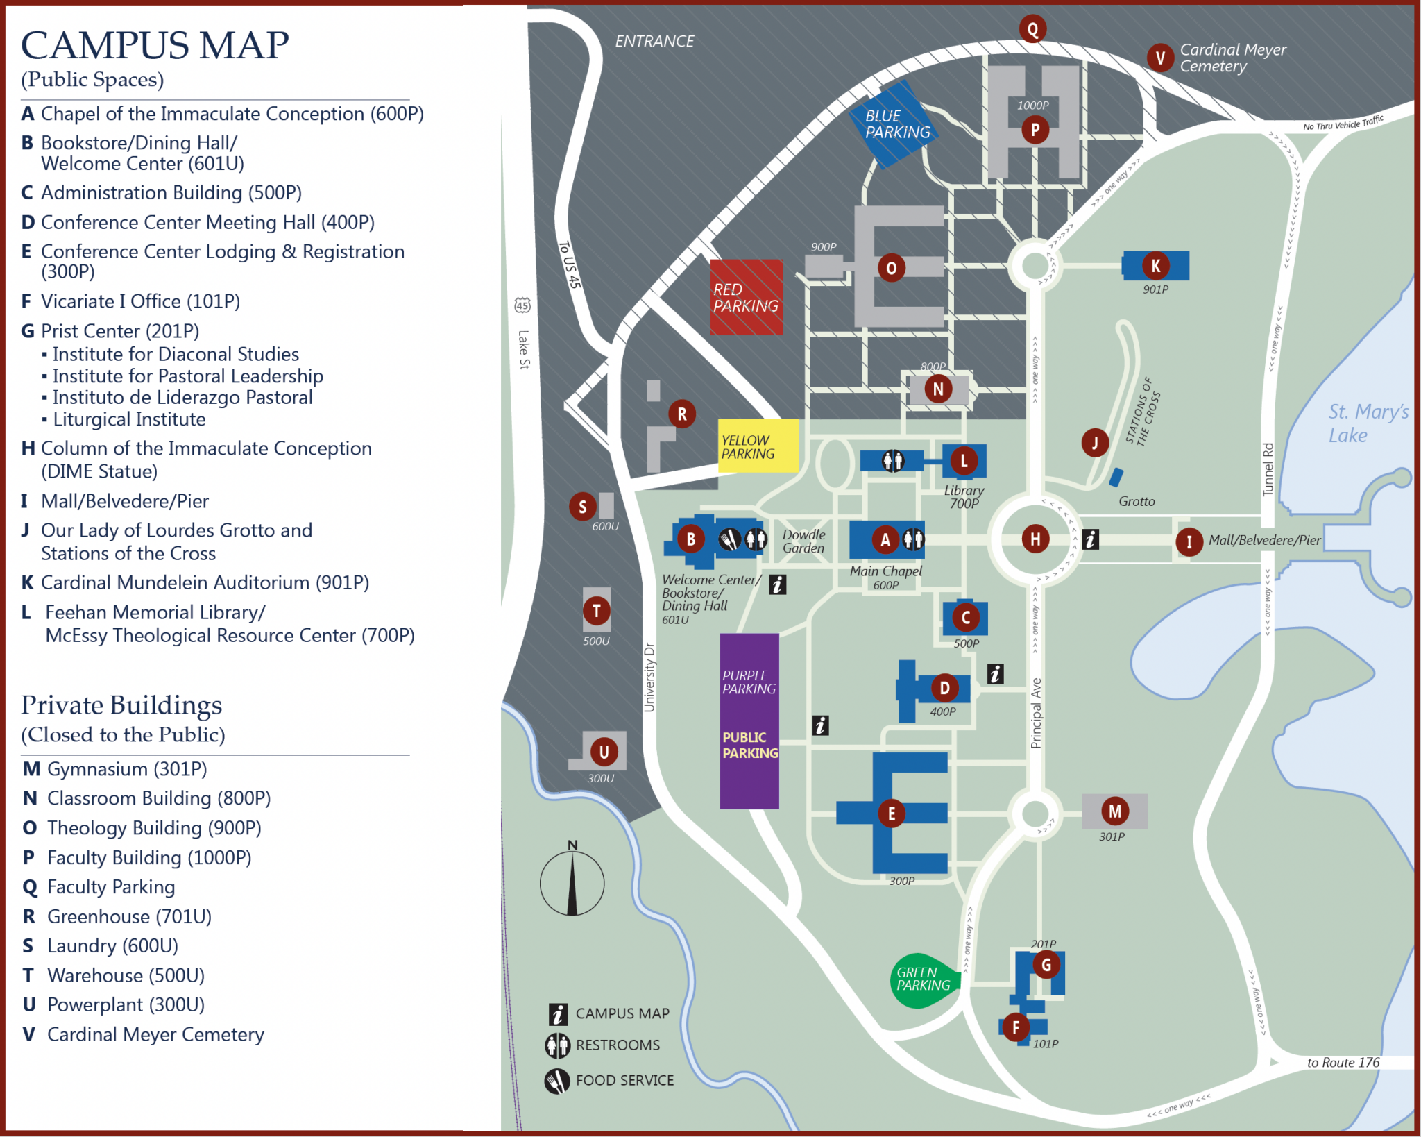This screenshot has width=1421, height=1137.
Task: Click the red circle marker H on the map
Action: pos(1035,539)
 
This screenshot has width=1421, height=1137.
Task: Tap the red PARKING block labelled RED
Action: pos(746,298)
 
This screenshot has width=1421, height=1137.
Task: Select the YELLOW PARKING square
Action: pos(758,446)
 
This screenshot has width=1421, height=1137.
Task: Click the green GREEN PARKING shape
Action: pos(923,979)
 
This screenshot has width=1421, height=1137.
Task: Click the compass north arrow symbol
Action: pos(572,883)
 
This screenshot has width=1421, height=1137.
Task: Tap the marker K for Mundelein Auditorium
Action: pos(1155,265)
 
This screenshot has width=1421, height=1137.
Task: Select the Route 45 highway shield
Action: pos(522,305)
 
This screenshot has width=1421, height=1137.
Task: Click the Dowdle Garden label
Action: pos(803,541)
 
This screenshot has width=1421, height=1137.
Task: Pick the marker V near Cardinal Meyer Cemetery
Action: pos(1160,58)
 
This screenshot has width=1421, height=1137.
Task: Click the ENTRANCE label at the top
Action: pos(654,42)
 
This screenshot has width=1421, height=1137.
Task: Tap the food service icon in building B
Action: pos(729,539)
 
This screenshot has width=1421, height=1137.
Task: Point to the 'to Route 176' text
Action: pos(1343,1063)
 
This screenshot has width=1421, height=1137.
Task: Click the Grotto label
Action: pos(1137,501)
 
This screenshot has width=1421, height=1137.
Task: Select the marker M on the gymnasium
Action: pos(1114,811)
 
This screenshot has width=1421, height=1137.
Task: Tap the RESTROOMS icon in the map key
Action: pos(557,1045)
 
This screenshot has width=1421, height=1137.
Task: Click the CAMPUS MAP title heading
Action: pos(155,46)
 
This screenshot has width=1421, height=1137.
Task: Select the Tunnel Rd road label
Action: pos(1268,469)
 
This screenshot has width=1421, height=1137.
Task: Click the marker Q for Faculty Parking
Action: pos(1032,29)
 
